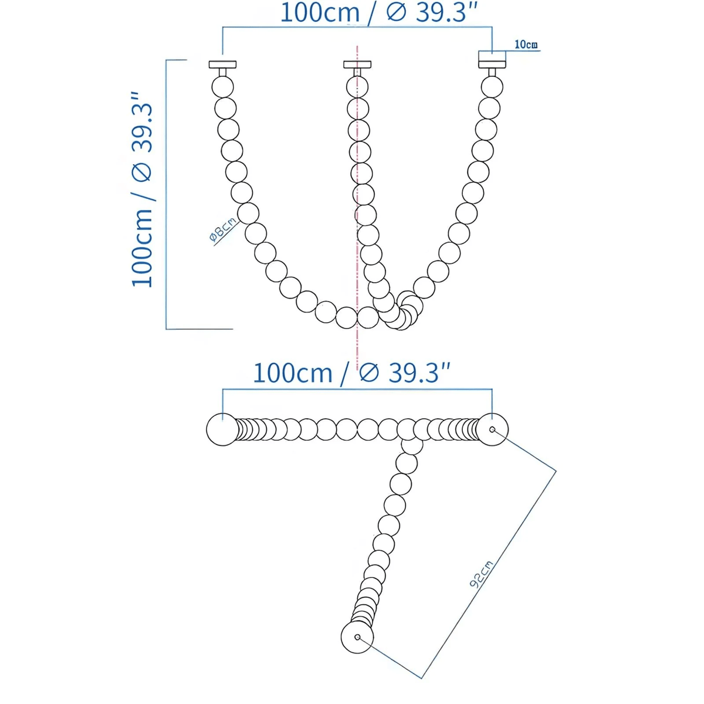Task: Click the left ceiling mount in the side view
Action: [x=222, y=65]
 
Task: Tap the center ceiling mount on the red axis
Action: [x=357, y=65]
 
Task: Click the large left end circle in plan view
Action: [x=222, y=429]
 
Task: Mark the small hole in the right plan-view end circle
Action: [x=492, y=429]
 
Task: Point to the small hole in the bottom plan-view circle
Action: [x=357, y=637]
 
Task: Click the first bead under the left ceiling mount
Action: [x=222, y=87]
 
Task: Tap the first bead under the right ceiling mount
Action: [x=492, y=87]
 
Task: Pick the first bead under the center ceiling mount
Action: [x=357, y=87]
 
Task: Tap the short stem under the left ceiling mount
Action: [x=222, y=73]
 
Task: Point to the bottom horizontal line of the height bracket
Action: [x=199, y=329]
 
